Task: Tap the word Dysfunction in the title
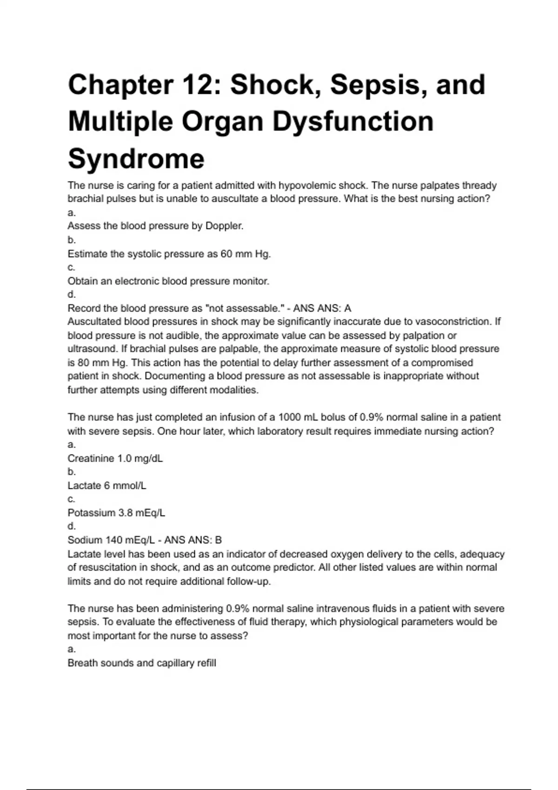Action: pos(353,122)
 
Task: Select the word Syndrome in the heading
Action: pos(136,158)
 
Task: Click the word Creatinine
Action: pos(91,458)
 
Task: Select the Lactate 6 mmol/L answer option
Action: pos(107,486)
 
